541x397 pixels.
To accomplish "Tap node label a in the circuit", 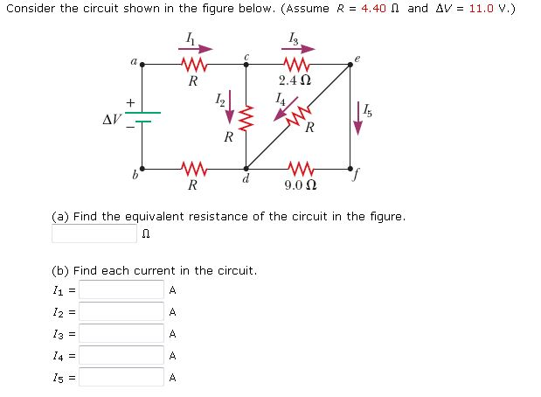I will (133, 61).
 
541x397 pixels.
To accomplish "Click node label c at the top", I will (247, 56).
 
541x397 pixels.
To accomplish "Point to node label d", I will (247, 179).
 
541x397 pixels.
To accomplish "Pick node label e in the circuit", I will (357, 58).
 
